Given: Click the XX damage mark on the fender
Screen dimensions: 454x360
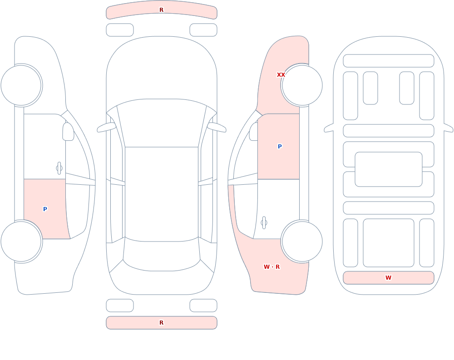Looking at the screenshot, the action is coord(281,75).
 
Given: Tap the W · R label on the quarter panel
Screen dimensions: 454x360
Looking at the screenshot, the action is coord(271,267).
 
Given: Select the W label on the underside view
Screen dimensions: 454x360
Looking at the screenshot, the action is coord(388,277).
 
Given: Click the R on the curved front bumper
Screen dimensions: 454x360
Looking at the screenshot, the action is coord(161,10).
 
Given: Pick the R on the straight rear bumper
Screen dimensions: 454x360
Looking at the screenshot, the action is coord(161,323).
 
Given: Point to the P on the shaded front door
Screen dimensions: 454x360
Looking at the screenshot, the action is coord(279,146).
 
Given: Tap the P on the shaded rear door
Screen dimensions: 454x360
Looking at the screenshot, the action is coord(45,209).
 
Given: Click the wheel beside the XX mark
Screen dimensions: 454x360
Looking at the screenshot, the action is coord(302,85).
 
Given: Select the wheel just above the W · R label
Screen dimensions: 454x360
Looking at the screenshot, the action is coord(302,241).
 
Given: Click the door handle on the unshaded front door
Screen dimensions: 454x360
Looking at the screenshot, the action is coord(59,168).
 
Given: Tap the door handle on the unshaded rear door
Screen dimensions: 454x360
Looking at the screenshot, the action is coord(264,222).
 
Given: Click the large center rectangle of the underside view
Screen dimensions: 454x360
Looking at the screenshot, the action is coord(389,169).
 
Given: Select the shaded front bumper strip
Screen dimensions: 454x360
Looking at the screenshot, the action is coord(162,10).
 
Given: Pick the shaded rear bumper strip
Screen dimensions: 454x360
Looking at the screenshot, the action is coord(162,323).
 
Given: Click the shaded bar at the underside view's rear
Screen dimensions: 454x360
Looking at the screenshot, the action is coord(389,278).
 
